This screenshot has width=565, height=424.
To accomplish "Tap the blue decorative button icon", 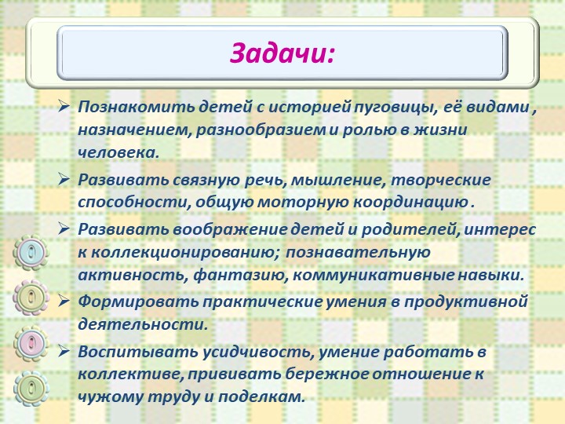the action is tap(31, 252).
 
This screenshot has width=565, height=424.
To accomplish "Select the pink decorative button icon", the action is tap(31, 343).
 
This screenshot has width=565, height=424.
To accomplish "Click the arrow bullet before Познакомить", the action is tap(64, 106).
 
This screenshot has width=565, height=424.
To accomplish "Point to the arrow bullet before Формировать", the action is tap(64, 301).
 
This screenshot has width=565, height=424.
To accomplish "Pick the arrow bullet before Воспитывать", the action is tap(64, 351).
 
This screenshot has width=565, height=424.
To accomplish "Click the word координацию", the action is tap(410, 203).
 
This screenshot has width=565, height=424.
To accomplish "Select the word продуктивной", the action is tap(466, 302).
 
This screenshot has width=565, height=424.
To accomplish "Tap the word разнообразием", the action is tap(261, 130).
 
